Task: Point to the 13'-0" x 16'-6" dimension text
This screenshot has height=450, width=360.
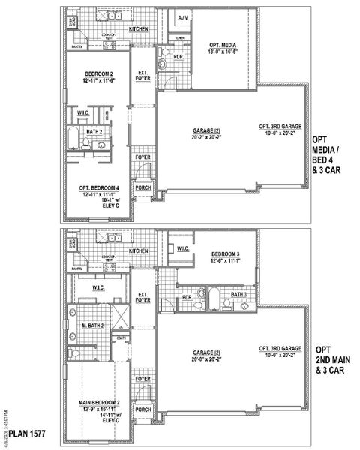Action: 223,52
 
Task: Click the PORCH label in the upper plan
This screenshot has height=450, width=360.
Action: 142,189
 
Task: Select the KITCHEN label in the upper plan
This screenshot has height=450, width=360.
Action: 139,29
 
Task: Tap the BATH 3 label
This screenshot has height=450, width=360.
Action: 238,295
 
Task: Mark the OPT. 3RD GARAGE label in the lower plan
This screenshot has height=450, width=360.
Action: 280,349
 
